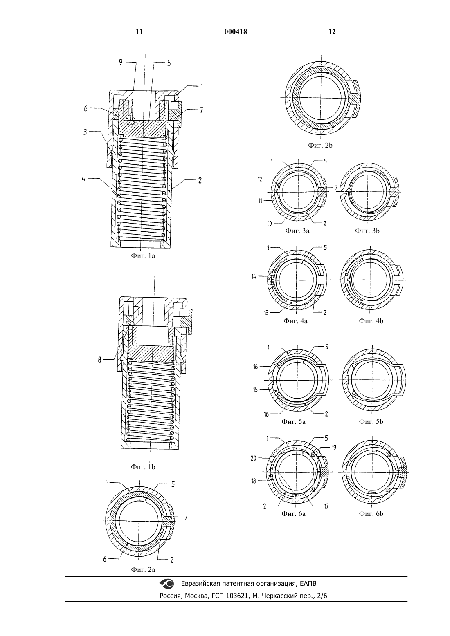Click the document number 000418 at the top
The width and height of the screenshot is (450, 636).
coord(236,32)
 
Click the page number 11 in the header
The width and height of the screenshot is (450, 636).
coord(139,32)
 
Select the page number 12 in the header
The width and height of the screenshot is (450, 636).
coord(332,32)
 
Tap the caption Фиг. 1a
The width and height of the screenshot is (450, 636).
coord(143,256)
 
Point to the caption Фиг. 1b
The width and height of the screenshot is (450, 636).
coord(143,467)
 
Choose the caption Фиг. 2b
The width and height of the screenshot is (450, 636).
coord(320,146)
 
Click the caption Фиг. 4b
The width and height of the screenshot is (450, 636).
coord(371,321)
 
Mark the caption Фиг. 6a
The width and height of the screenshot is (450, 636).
coord(293,514)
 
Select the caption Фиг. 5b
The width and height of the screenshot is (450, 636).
coord(371,422)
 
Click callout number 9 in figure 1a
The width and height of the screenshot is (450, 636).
coord(121,62)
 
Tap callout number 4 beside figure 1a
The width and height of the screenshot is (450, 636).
coord(83,179)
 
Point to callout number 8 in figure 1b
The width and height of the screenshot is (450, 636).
coord(99,361)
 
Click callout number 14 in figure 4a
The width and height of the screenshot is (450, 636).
coord(254,276)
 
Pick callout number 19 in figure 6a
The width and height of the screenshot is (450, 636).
coord(333,448)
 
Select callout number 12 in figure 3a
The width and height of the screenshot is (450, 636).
coord(260,179)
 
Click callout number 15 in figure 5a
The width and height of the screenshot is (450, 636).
coord(255,390)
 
